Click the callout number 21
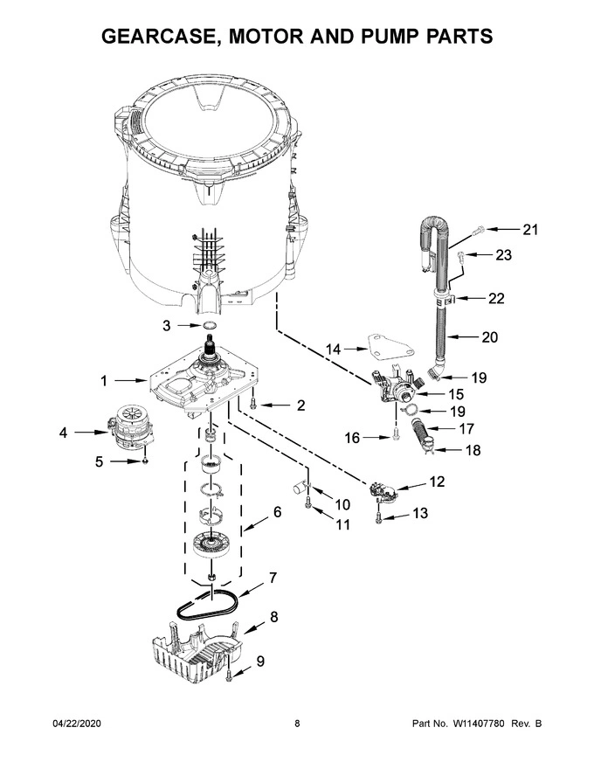click(530, 230)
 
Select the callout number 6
click(276, 513)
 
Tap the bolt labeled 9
click(228, 673)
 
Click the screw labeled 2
click(252, 404)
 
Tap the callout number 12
click(437, 481)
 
